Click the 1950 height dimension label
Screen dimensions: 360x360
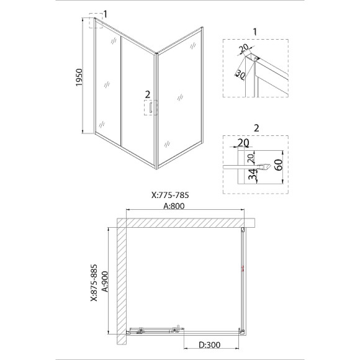point(79,78)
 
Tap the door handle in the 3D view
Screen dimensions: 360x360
point(151,107)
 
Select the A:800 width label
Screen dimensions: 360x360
point(174,206)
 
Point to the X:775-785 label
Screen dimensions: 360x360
point(170,195)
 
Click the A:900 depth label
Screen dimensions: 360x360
point(105,281)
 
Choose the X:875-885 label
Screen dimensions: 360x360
point(94,283)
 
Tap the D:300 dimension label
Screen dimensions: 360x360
point(209,344)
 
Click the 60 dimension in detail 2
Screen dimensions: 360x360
point(279,164)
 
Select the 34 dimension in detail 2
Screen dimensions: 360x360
point(253,174)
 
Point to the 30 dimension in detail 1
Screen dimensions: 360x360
point(240,74)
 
